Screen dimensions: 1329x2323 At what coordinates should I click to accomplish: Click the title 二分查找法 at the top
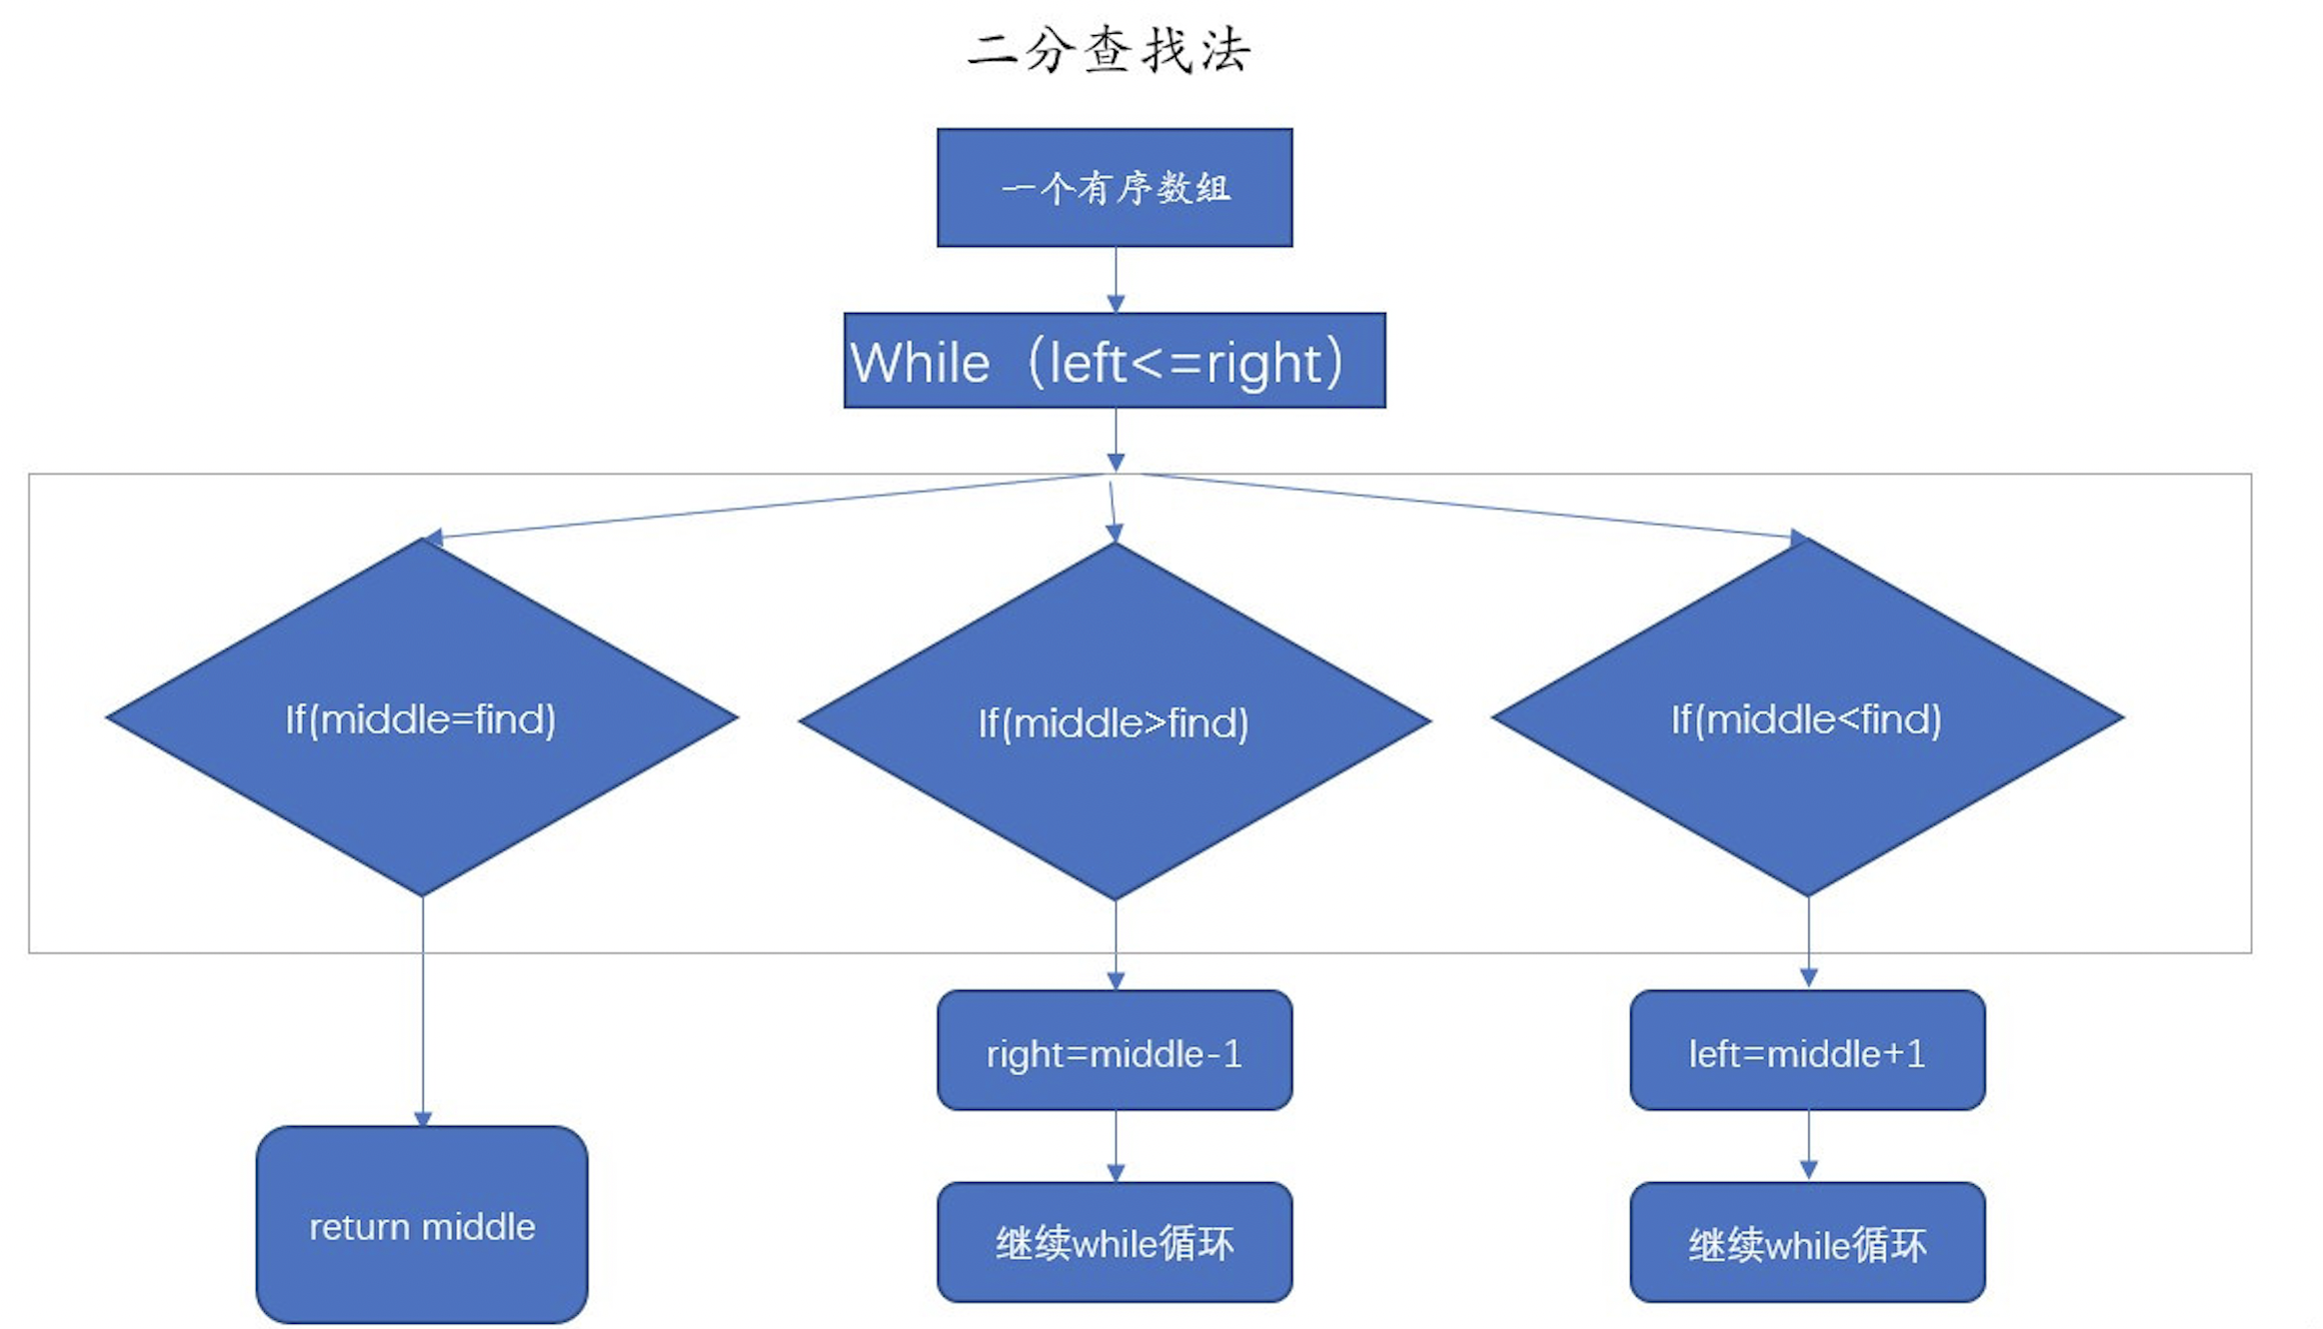coord(1110,50)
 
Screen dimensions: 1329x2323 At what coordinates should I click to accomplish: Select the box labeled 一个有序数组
coord(1115,187)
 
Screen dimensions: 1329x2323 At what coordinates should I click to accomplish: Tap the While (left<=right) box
coord(1115,361)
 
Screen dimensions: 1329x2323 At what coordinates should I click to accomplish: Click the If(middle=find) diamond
coord(421,718)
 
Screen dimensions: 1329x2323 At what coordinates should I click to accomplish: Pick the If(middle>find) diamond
coord(1115,722)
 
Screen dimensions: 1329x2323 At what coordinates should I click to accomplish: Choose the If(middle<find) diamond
coord(1807,718)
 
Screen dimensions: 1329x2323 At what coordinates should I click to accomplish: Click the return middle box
coord(421,1226)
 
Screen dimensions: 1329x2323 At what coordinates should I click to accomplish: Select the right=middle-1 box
coord(1115,1051)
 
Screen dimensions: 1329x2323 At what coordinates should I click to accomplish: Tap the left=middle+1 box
coord(1807,1051)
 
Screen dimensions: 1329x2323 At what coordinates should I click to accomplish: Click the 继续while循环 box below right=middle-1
coord(1115,1243)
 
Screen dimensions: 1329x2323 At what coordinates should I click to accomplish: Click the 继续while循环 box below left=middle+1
coord(1807,1243)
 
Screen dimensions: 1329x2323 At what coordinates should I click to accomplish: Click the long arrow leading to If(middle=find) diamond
coord(770,506)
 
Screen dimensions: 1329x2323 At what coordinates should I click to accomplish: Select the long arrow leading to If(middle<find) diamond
coord(1469,506)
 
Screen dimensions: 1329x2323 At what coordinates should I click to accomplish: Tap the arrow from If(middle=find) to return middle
coord(423,1009)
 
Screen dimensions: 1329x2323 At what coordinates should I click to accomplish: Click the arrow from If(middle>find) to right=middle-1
coord(1116,944)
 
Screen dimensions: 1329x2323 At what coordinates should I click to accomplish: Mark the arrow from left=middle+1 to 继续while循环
coord(1808,1144)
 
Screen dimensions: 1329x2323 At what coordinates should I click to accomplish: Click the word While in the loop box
coord(921,363)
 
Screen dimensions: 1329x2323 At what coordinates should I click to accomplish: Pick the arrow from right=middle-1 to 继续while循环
coord(1116,1145)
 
